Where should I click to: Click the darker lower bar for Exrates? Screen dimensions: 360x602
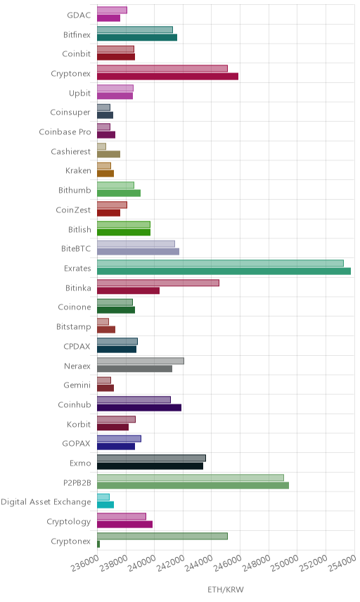click(224, 271)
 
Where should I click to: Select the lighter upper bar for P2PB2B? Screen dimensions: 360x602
click(191, 478)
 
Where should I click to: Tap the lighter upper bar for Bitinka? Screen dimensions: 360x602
click(158, 283)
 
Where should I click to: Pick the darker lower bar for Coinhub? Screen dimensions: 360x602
click(139, 408)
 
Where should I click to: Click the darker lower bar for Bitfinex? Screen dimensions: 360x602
click(137, 37)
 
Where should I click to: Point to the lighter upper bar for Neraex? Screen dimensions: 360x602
click(141, 361)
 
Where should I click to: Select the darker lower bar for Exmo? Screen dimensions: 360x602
click(150, 466)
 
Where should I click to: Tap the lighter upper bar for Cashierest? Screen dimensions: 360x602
click(101, 146)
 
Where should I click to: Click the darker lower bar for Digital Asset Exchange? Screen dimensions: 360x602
click(105, 505)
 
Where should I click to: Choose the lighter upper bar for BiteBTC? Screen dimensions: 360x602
click(136, 244)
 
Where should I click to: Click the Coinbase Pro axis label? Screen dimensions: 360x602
click(65, 132)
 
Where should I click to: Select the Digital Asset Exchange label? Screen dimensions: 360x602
click(46, 502)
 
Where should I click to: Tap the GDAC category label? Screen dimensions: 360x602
click(79, 15)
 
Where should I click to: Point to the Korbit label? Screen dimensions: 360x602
click(79, 424)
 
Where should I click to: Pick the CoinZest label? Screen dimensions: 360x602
click(73, 210)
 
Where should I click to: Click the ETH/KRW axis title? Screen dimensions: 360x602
click(226, 590)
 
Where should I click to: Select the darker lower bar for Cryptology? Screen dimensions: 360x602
click(124, 525)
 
